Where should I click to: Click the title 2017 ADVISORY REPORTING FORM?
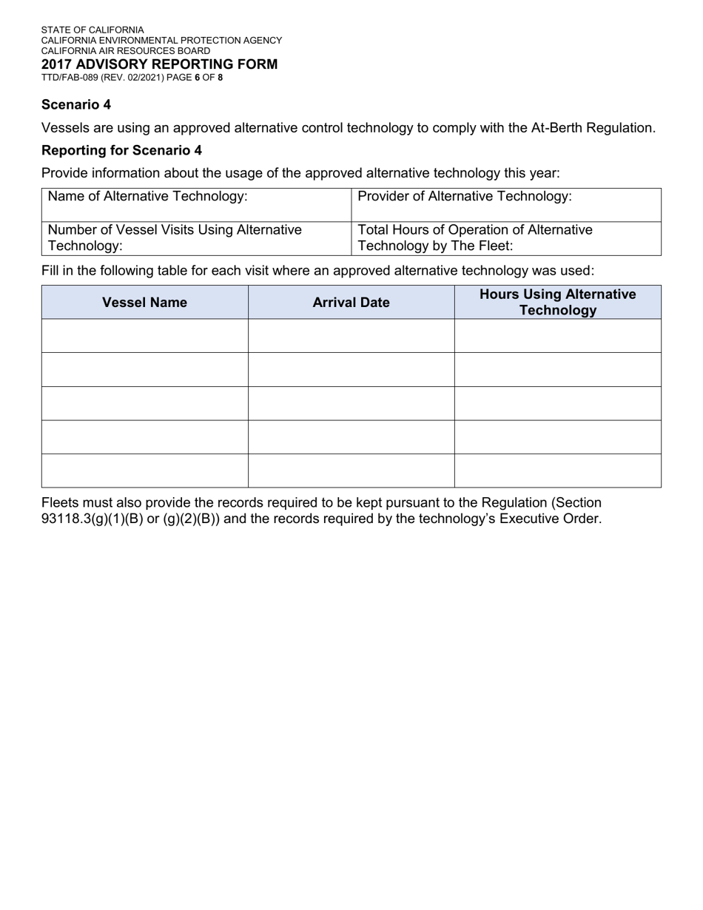(x=159, y=64)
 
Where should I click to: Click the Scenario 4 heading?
(x=76, y=105)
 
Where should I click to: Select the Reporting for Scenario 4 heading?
(x=121, y=150)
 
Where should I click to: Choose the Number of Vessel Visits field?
(x=196, y=237)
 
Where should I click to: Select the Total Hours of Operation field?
(x=506, y=237)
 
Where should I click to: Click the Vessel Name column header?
(x=144, y=302)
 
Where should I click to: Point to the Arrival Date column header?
(x=351, y=302)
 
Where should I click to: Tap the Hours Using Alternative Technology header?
(x=557, y=302)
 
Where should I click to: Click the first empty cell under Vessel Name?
(x=144, y=336)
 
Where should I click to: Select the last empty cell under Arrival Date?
(x=351, y=471)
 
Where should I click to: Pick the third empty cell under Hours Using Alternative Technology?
(x=557, y=403)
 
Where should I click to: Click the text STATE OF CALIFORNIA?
(x=92, y=30)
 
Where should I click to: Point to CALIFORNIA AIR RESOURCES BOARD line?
(x=126, y=51)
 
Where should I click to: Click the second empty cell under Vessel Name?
(x=144, y=369)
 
